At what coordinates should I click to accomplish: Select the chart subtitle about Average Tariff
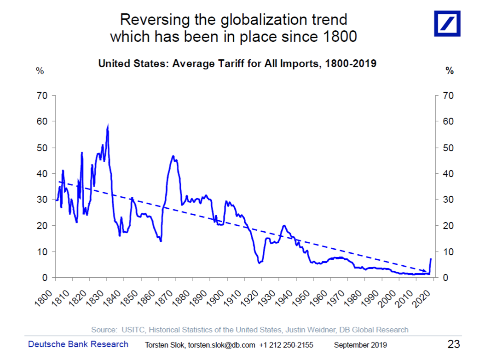[237, 63]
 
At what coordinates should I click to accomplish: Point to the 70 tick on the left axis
[42, 96]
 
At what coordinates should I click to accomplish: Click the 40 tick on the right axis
[446, 174]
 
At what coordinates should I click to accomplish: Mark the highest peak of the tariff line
[108, 126]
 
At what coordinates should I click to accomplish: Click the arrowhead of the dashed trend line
[425, 271]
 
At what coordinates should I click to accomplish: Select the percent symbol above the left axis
[40, 71]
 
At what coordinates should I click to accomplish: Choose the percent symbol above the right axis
[450, 71]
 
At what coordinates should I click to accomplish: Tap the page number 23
[454, 344]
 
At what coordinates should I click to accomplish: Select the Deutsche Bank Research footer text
[78, 344]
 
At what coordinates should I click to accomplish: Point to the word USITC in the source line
[133, 330]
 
